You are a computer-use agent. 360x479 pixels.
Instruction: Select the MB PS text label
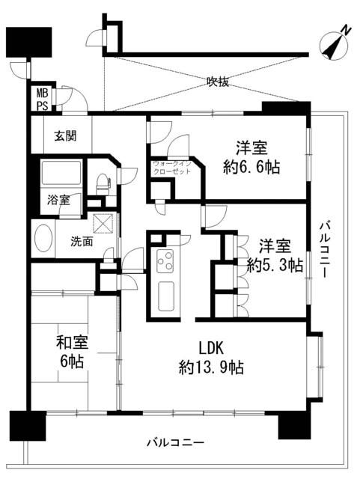tap(43, 100)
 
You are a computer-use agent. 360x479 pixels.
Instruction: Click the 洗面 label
tap(82, 242)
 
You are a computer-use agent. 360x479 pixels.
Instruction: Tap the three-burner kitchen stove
tap(165, 261)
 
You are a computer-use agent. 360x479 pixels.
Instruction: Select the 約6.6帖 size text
tap(251, 168)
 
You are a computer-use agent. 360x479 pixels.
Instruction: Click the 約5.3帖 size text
tap(275, 265)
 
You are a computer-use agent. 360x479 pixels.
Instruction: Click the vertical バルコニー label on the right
tap(325, 250)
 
